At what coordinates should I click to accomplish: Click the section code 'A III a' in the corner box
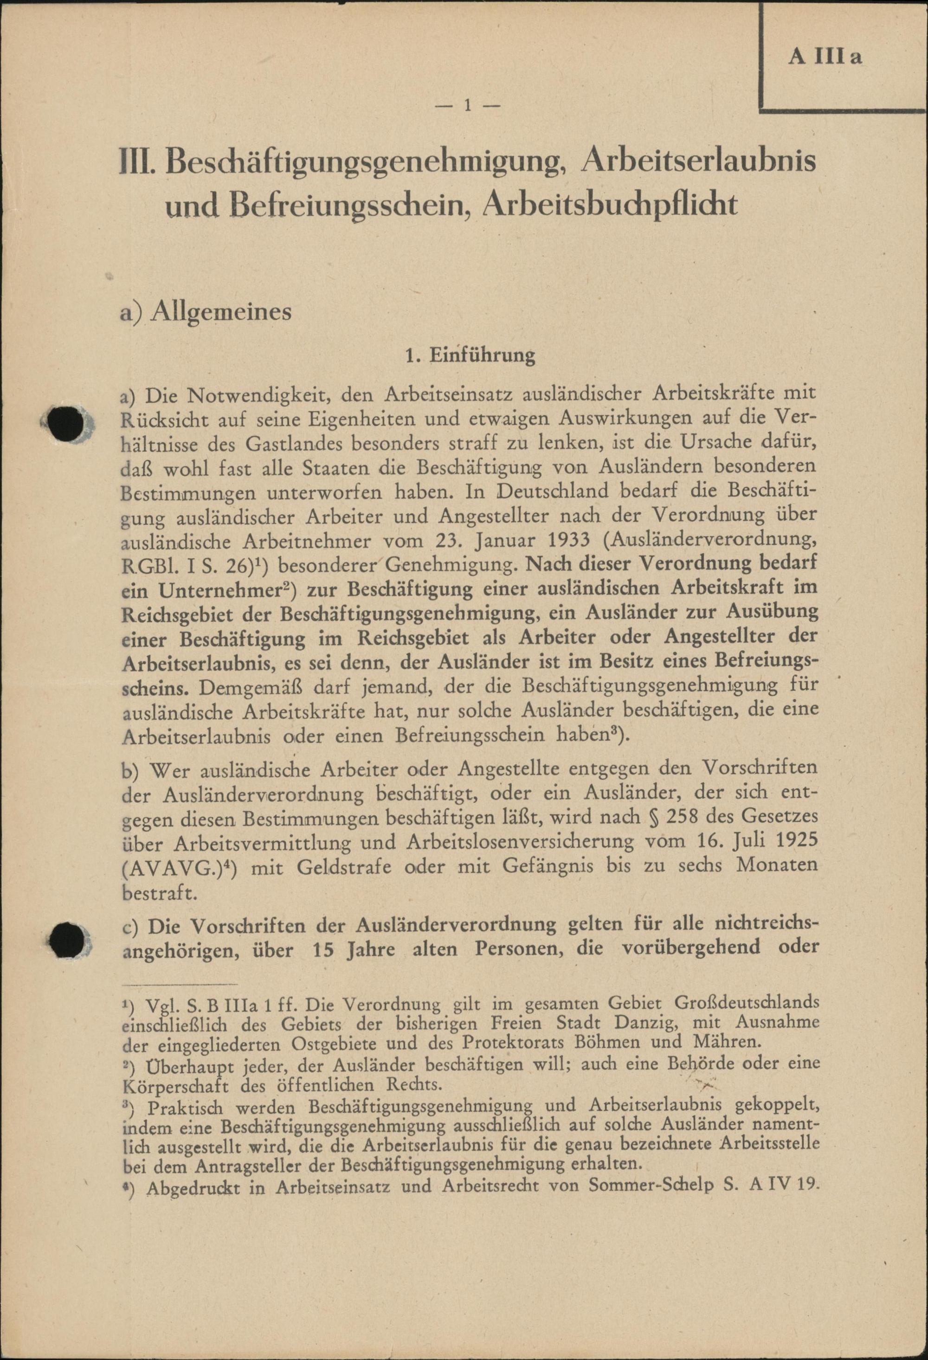point(825,58)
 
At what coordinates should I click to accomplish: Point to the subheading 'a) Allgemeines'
point(206,311)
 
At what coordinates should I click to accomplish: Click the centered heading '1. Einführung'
point(470,355)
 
